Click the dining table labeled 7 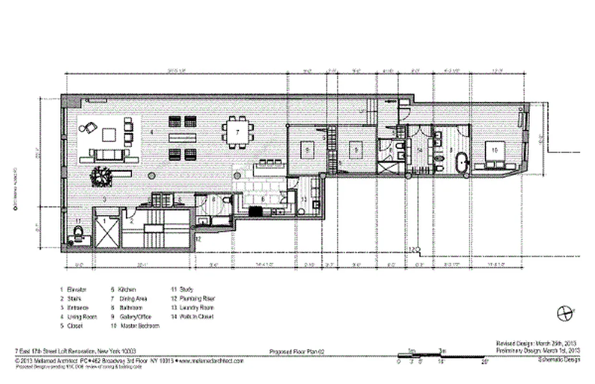click(x=238, y=132)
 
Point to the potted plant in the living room click(x=102, y=176)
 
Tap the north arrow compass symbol click(x=565, y=313)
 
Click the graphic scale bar click(x=441, y=356)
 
